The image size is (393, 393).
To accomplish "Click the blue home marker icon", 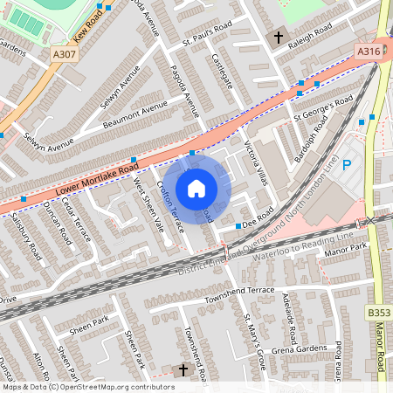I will [x=196, y=189].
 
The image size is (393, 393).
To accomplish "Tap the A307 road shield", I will [x=64, y=55].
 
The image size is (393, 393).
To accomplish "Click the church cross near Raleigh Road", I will [x=279, y=38].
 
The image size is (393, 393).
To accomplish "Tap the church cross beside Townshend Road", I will [x=183, y=370].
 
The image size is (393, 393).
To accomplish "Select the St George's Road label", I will [x=323, y=110].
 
